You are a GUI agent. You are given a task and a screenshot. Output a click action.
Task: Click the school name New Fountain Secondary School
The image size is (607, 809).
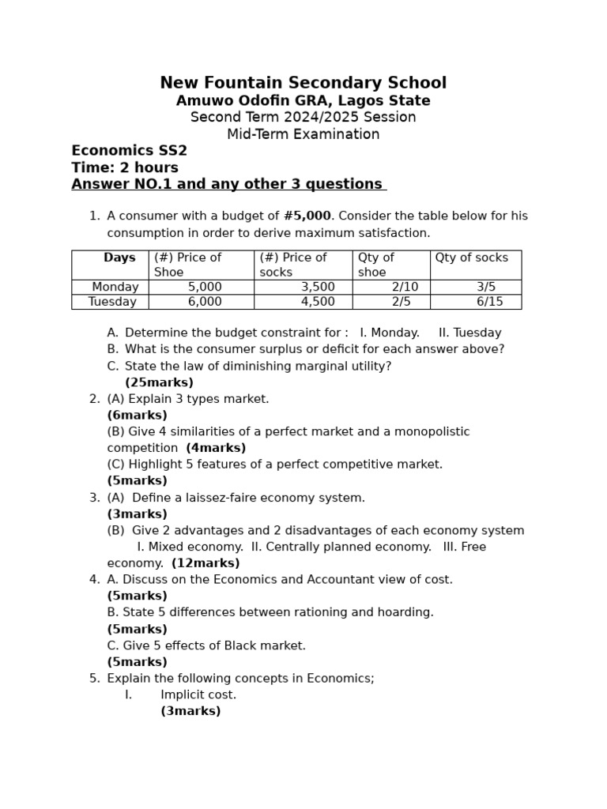pos(303,83)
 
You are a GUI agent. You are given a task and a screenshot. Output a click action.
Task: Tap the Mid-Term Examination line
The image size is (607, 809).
pos(303,134)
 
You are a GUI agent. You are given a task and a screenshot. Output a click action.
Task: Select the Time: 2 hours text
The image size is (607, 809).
pos(125,167)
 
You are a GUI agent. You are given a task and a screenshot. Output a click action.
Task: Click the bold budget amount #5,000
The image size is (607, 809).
pos(307,216)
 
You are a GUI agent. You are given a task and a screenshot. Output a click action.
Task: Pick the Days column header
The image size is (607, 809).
pos(119,258)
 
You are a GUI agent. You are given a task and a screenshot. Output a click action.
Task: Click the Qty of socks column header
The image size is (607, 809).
pos(471,258)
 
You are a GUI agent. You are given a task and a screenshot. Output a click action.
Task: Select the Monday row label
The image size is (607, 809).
pos(115,287)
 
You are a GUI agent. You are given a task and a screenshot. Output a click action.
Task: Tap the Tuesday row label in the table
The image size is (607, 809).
pos(112,302)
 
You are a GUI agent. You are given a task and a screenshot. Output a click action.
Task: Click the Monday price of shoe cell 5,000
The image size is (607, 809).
pos(205,287)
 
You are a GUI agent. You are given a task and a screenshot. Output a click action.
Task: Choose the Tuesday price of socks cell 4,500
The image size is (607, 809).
pos(318,302)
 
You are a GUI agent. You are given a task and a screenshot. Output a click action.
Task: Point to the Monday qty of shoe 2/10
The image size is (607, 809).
pos(405,287)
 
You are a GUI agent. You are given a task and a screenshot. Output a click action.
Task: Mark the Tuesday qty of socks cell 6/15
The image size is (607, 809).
pos(489,302)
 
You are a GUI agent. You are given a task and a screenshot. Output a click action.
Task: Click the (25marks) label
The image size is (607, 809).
pos(159,382)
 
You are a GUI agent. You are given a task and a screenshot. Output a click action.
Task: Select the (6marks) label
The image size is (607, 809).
pos(137,416)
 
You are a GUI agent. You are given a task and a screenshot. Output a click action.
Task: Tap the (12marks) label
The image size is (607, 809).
pos(205,563)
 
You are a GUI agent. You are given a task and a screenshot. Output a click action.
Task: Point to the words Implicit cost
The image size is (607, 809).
pos(198,694)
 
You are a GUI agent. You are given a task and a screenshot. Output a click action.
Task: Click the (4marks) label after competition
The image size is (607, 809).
pos(216,448)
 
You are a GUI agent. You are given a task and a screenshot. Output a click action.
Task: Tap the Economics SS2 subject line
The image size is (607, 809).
pos(129,151)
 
